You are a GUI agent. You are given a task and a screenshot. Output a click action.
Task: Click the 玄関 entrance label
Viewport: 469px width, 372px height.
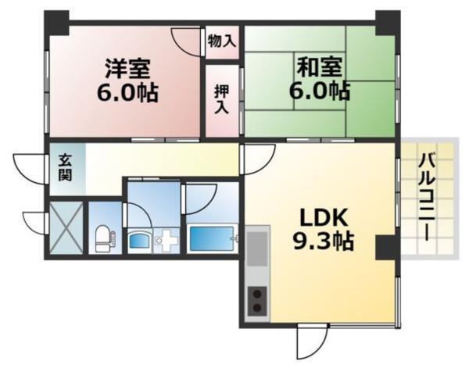pos(64,166)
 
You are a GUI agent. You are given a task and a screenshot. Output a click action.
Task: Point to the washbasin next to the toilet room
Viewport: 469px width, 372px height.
pos(140,241)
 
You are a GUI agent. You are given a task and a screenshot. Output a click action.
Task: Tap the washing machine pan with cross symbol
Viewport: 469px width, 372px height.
pos(166,241)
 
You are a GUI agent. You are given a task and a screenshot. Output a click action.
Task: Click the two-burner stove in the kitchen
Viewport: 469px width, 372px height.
pos(257,301)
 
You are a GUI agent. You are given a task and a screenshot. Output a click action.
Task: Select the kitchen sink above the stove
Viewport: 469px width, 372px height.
pos(257,254)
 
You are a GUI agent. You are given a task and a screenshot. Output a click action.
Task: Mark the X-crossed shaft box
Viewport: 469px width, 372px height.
pos(64,227)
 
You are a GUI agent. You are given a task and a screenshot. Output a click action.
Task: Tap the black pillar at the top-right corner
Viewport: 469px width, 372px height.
pos(386,22)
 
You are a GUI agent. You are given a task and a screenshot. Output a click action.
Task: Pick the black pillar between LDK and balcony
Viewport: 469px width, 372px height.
pos(386,248)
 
